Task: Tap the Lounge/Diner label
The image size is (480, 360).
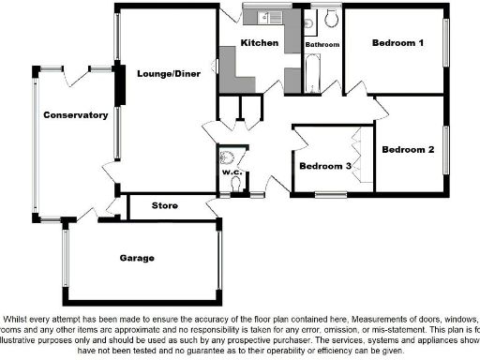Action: tap(166, 73)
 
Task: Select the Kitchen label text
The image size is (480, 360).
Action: tap(259, 43)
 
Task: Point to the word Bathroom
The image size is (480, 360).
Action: tap(322, 44)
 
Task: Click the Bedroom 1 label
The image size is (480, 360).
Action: tap(397, 43)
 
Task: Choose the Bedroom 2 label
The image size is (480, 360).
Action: tap(408, 149)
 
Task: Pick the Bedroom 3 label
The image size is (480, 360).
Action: tap(325, 166)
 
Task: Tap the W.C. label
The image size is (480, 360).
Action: tap(232, 172)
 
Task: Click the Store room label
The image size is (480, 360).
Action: tap(166, 205)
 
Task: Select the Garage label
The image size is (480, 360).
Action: tap(136, 257)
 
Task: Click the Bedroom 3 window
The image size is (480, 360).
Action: tap(329, 195)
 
